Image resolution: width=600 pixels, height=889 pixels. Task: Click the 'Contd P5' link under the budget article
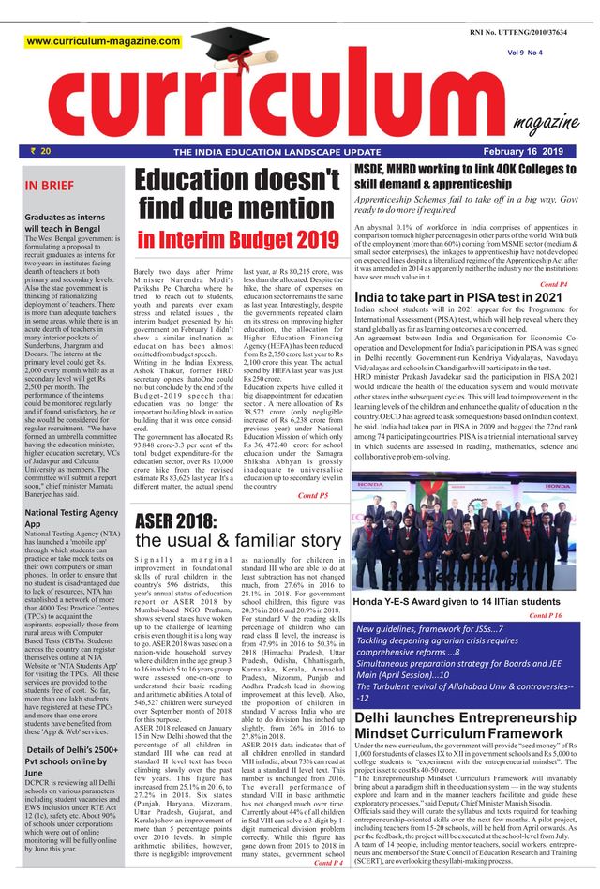tap(312, 494)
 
